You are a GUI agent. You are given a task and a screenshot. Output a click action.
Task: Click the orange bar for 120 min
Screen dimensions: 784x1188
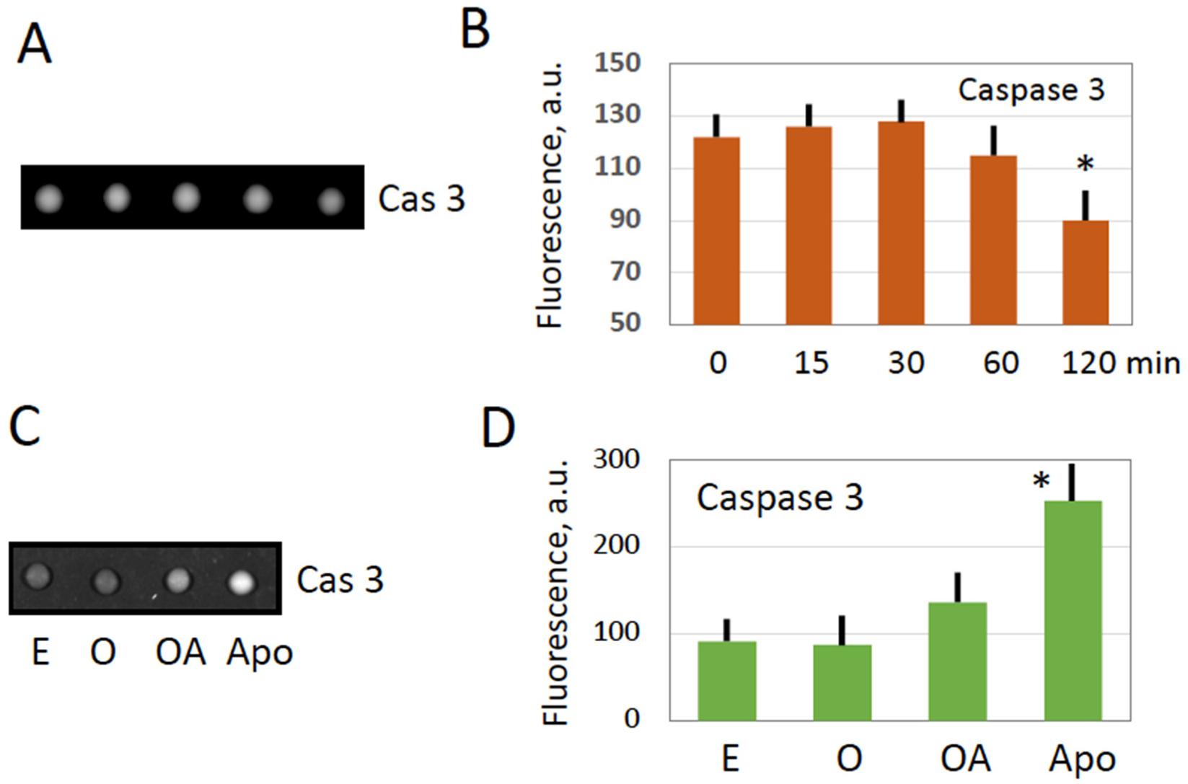(x=1085, y=273)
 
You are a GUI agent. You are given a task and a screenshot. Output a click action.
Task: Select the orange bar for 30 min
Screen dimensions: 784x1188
(x=901, y=223)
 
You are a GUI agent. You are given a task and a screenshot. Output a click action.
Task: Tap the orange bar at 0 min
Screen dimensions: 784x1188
(x=716, y=231)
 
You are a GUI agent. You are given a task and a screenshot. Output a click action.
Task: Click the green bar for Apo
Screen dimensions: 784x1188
(x=1073, y=610)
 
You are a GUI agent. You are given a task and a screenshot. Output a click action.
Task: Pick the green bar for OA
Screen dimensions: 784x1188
(x=957, y=661)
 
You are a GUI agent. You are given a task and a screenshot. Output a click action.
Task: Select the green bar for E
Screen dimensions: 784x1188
(x=727, y=680)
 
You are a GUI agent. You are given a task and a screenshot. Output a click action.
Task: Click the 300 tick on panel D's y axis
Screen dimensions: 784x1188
(x=616, y=459)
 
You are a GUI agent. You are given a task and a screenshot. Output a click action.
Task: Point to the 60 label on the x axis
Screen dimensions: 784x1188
(x=1000, y=362)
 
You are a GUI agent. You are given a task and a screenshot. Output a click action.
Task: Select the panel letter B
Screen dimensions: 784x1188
(x=475, y=30)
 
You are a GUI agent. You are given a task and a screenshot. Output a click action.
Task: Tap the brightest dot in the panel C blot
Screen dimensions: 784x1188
(x=242, y=581)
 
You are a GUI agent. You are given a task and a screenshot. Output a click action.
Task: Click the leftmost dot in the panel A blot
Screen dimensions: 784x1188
(x=48, y=198)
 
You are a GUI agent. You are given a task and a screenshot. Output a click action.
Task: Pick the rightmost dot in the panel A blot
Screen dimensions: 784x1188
(x=330, y=201)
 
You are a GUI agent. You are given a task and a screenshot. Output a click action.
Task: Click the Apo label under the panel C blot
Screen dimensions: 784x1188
(x=260, y=653)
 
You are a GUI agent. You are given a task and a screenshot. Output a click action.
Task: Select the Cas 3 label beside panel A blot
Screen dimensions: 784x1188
(x=421, y=198)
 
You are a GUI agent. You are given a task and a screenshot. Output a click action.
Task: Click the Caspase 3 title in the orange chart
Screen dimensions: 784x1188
(x=1031, y=89)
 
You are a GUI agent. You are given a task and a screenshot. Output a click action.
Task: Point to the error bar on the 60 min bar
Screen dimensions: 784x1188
(x=993, y=141)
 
